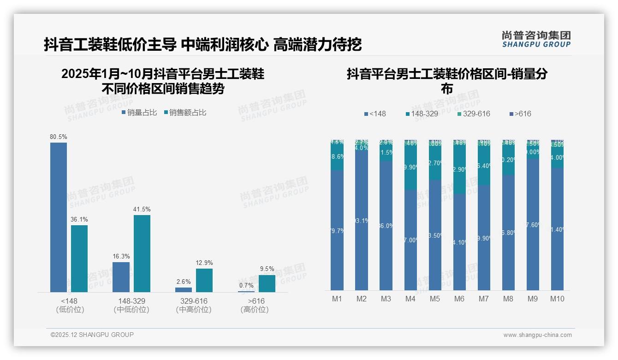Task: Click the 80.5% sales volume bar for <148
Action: [x=59, y=217]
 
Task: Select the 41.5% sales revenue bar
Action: [x=142, y=253]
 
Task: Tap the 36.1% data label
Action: [x=79, y=219]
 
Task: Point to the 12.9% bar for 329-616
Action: [x=204, y=280]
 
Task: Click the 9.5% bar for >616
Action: [x=267, y=283]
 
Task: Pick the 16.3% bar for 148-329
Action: [x=121, y=277]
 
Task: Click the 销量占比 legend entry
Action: [x=139, y=112]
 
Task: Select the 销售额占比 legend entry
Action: [x=185, y=112]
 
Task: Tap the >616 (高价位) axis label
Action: [x=255, y=305]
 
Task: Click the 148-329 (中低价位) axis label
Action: [x=131, y=305]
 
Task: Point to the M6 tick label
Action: [x=459, y=299]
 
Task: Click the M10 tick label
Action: [x=557, y=299]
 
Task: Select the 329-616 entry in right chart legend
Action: [x=474, y=114]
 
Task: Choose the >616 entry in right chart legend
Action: [x=521, y=114]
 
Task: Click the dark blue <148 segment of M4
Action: [x=410, y=240]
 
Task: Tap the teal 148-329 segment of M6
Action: [x=459, y=169]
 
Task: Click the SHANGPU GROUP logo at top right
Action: [x=536, y=39]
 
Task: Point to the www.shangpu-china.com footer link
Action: [x=537, y=335]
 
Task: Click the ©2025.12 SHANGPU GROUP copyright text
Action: [x=92, y=335]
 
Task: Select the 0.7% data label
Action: [x=246, y=285]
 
